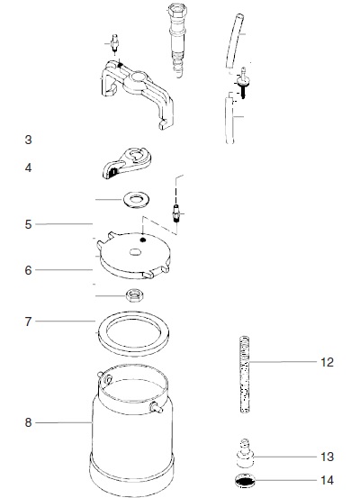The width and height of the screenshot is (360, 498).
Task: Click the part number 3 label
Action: [x=28, y=140]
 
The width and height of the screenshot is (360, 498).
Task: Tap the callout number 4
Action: [x=28, y=168]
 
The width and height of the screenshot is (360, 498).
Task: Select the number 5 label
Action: [x=28, y=224]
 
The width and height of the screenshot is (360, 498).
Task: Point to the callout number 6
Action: [x=28, y=270]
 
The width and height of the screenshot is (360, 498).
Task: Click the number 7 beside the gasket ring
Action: [x=28, y=321]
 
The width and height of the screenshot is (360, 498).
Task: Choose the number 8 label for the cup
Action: [x=28, y=422]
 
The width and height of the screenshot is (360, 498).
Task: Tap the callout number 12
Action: [x=327, y=362]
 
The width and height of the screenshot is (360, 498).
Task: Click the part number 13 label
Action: [x=327, y=457]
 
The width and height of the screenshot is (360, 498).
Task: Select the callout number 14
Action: [x=327, y=480]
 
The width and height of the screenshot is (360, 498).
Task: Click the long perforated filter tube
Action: [x=245, y=374]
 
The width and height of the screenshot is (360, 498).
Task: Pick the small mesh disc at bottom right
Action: [x=246, y=481]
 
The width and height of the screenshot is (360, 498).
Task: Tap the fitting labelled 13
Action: [x=246, y=453]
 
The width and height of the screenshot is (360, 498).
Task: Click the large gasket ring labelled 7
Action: [x=133, y=347]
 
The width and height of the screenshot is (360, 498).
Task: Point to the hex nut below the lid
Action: [x=136, y=295]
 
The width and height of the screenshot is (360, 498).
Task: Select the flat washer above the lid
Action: [x=137, y=200]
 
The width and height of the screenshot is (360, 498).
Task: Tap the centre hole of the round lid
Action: [x=136, y=252]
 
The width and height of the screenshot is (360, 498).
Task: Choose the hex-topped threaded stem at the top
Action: [x=176, y=40]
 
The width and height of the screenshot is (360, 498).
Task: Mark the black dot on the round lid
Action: [x=143, y=240]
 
